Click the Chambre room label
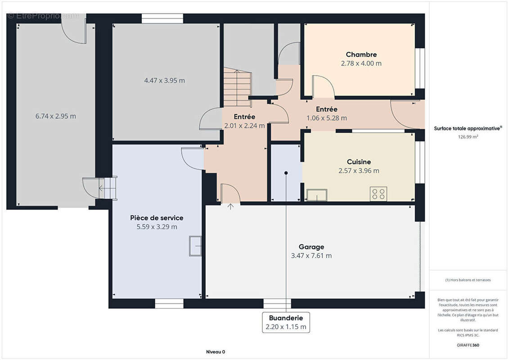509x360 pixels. (361, 54)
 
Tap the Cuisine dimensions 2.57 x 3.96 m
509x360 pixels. (359, 171)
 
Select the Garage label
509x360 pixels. (311, 247)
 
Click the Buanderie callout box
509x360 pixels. (286, 322)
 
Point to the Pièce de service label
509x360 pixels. (157, 218)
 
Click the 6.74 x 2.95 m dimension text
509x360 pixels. (55, 116)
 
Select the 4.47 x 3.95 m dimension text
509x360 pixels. (165, 81)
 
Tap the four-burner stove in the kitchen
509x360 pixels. (378, 194)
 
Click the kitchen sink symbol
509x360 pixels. (317, 195)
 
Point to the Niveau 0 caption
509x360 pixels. (216, 352)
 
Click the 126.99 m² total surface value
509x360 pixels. (468, 137)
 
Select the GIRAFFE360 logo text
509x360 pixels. (468, 345)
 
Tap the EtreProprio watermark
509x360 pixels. (43, 16)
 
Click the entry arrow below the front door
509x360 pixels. (230, 207)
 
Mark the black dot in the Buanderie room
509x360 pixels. (286, 173)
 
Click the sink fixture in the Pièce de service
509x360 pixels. (195, 246)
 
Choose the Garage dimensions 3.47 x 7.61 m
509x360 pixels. (311, 256)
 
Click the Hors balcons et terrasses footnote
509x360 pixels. (468, 280)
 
